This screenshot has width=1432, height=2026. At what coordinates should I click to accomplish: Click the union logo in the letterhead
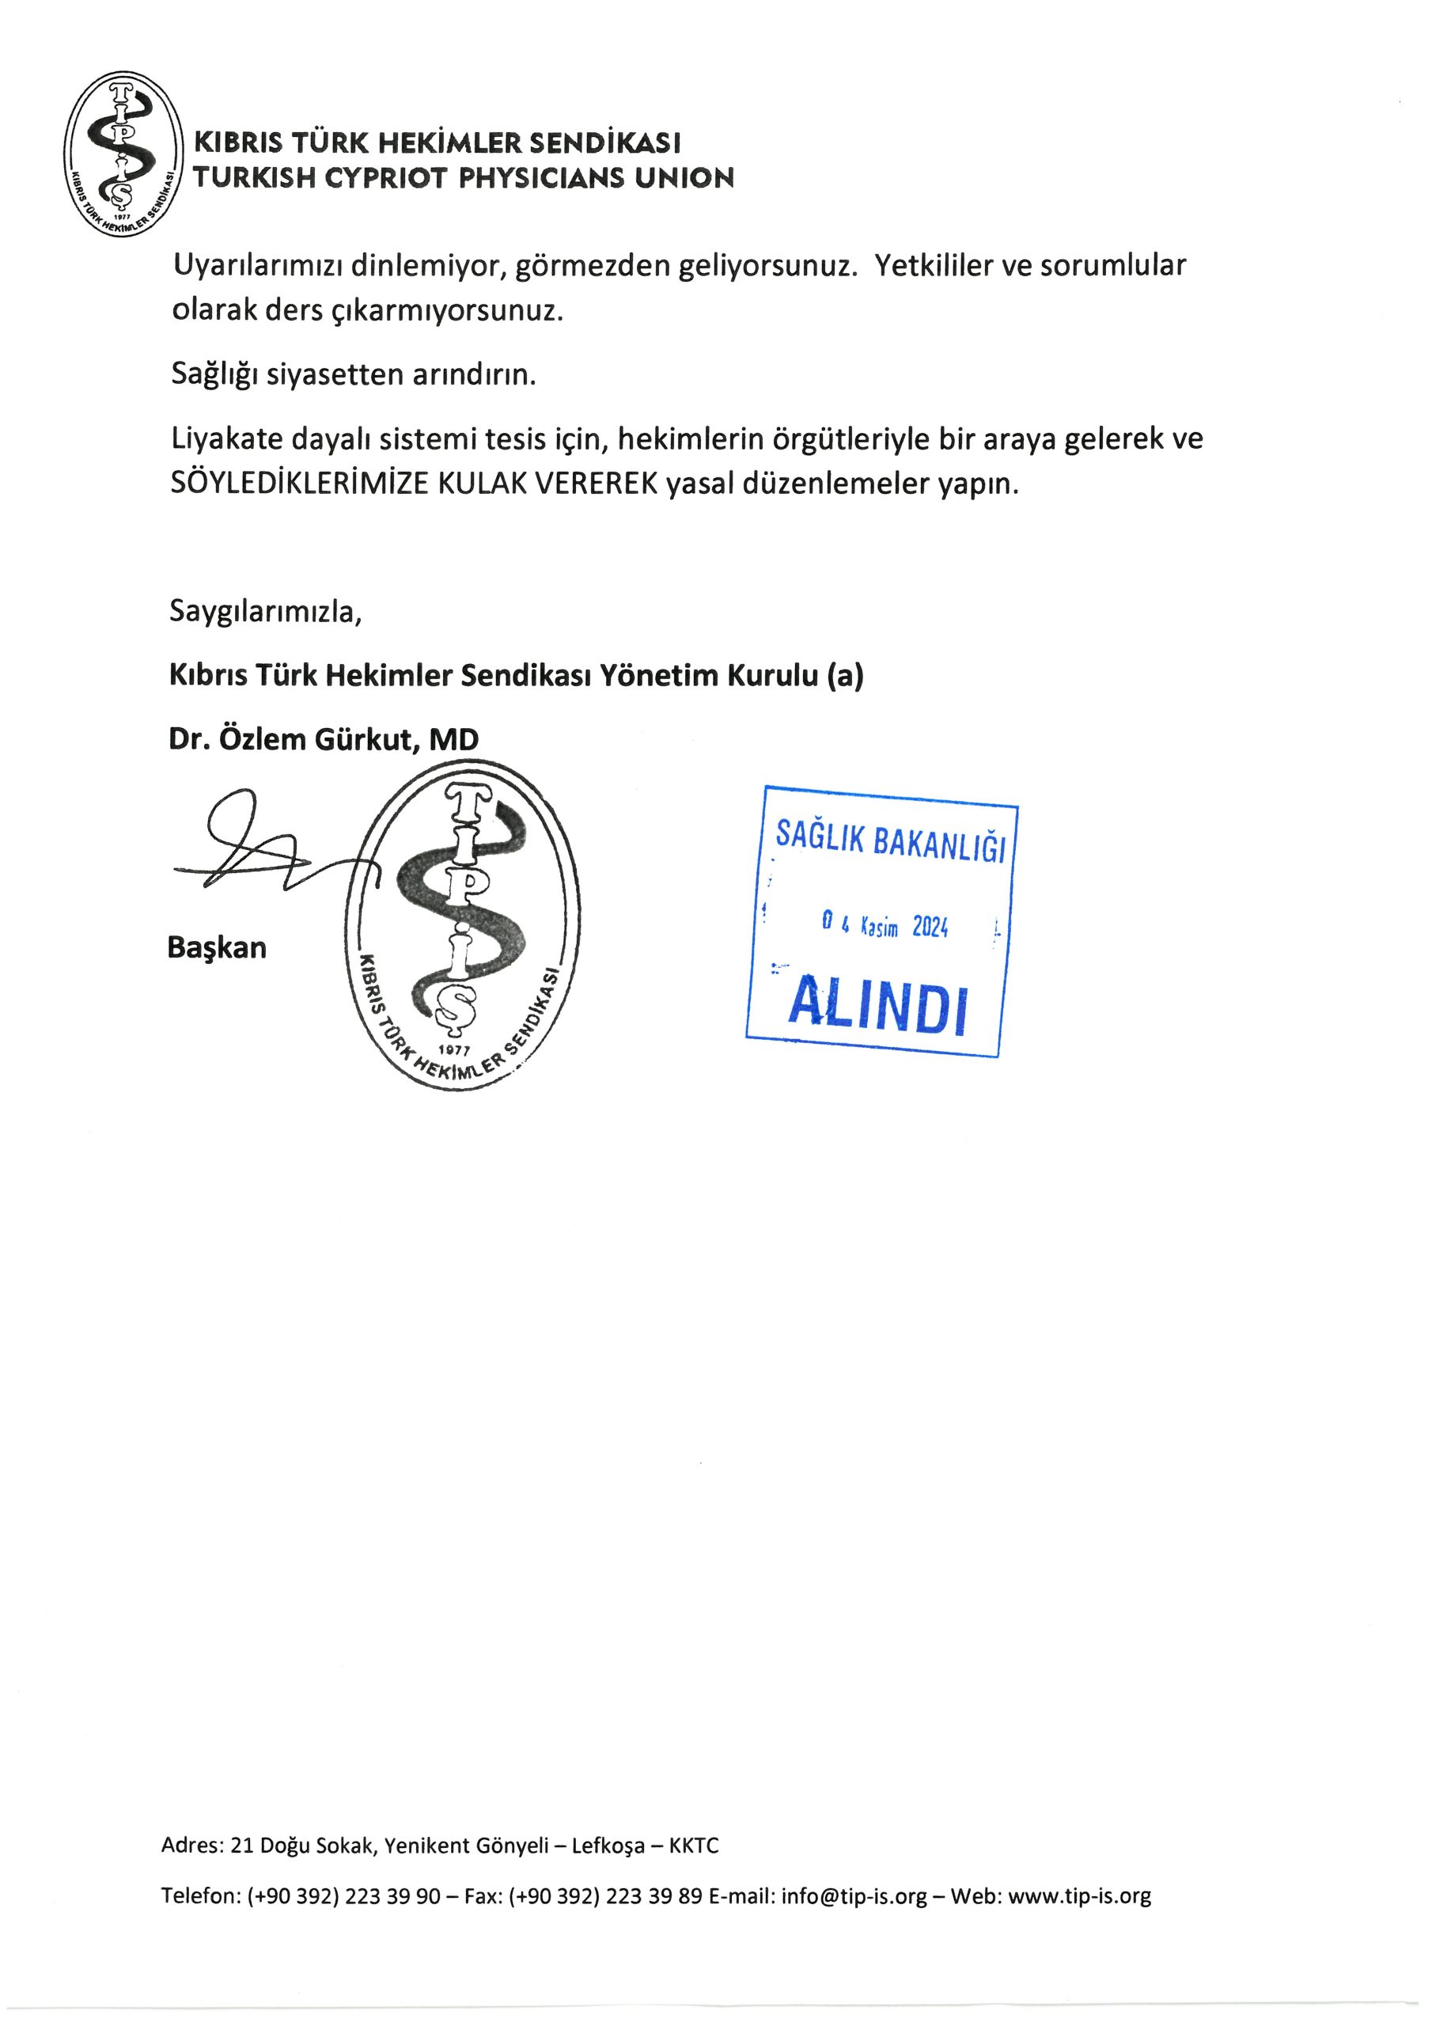(x=123, y=154)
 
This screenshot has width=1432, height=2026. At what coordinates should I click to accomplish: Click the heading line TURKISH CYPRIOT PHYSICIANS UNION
(x=463, y=178)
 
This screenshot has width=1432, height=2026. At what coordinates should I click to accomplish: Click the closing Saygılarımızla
(x=266, y=611)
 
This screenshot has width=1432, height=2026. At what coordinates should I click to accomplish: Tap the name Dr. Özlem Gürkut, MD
(x=323, y=738)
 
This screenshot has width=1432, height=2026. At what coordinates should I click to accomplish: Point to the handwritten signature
(x=256, y=847)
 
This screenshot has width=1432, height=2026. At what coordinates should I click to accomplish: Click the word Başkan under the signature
(x=217, y=947)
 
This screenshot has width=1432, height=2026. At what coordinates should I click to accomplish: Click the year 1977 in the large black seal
(x=454, y=1050)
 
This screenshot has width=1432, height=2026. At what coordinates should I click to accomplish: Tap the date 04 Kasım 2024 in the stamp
(x=885, y=926)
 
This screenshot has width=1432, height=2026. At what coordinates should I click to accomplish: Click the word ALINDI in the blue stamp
(x=878, y=1005)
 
